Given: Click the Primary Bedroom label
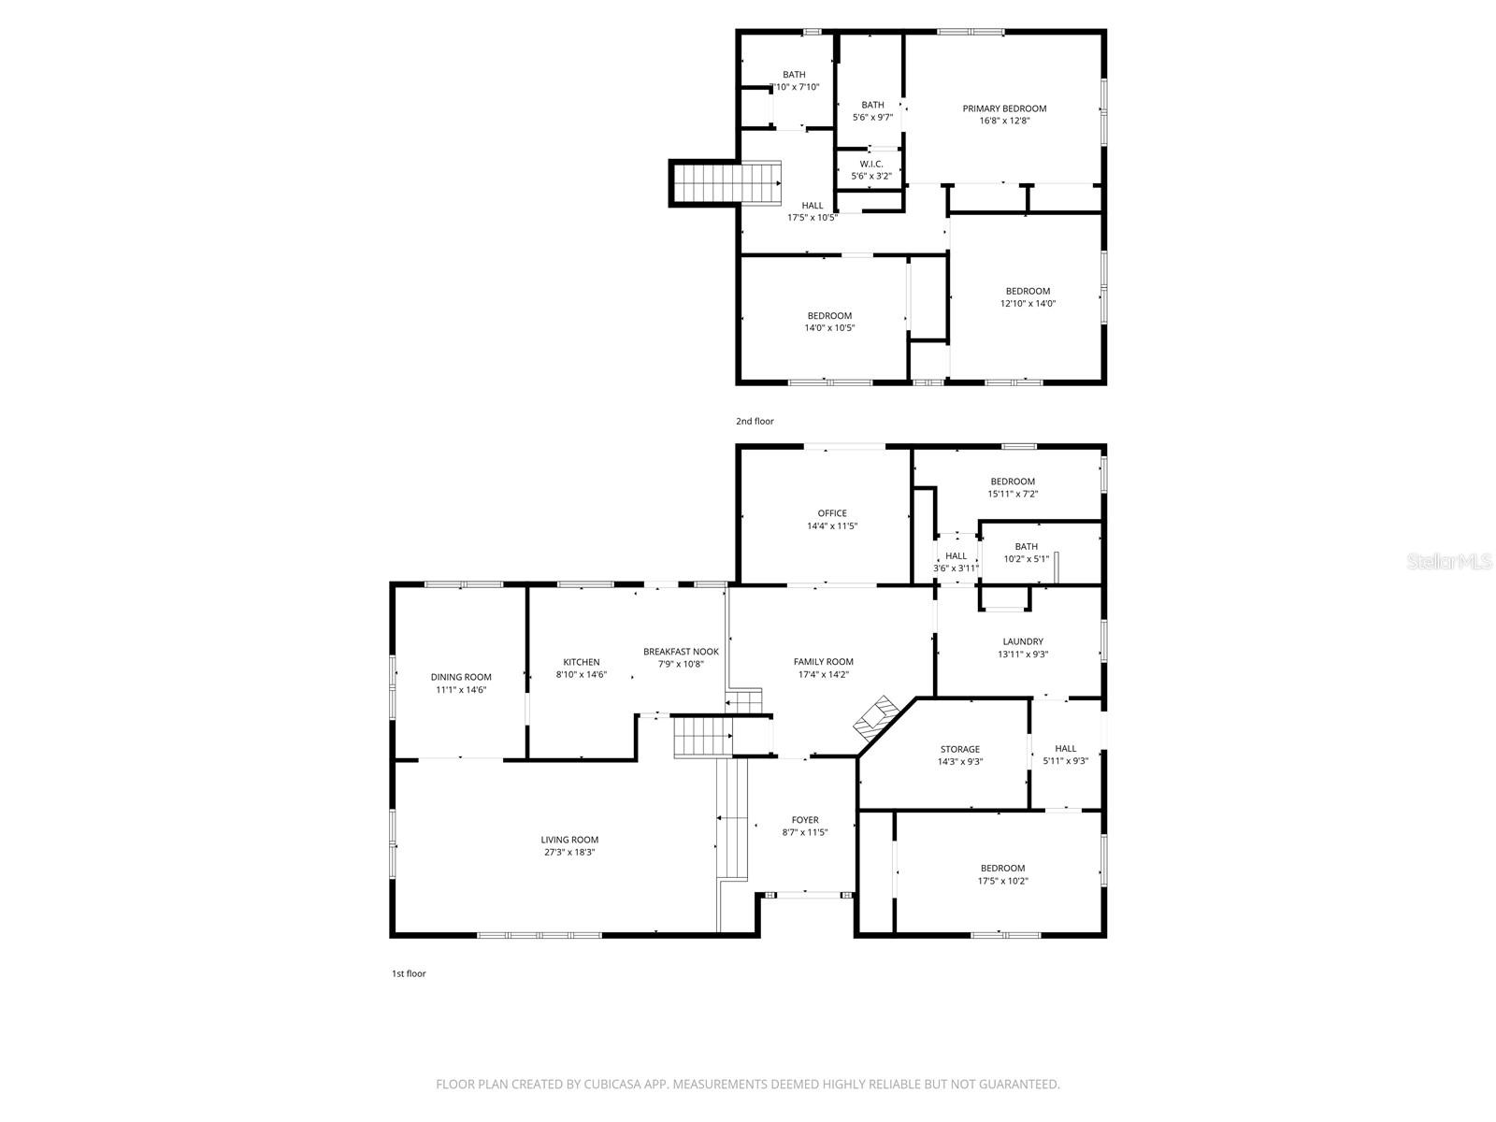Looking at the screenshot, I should coord(1004,108).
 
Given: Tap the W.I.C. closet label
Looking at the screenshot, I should coord(871,165).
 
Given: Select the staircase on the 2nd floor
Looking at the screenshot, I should coord(726,182).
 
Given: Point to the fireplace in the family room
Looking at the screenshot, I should coord(875,718).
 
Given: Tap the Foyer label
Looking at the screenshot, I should coord(804,820).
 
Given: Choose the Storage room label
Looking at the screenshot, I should coord(959,749).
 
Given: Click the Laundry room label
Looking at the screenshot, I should coord(1023,641).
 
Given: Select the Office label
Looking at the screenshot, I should coord(832,513).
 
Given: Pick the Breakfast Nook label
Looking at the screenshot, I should coord(681,652).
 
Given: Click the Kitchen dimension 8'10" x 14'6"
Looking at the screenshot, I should coord(581,674).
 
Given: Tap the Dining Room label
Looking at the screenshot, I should coord(461,677).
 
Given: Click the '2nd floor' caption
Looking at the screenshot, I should coord(755,422).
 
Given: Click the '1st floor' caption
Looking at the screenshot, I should coord(409,973).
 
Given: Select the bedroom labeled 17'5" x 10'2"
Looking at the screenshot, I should coord(1002,874).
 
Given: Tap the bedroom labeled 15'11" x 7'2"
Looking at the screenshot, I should coord(1013,487).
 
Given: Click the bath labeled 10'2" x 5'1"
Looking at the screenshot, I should coord(1026,553).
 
